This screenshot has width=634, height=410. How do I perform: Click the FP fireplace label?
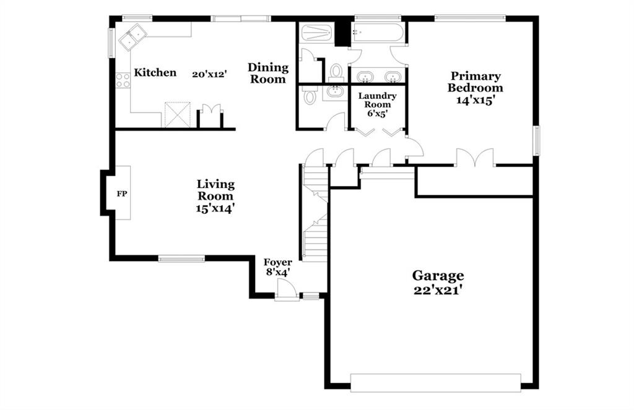122,194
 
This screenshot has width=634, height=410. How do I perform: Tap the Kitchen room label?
155,73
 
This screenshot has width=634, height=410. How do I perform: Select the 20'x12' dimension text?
209,74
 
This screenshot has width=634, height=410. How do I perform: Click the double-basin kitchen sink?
132,36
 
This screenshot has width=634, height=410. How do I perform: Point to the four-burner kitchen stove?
123,80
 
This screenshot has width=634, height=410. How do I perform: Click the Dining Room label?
268,73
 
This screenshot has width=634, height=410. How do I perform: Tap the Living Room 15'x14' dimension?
215,209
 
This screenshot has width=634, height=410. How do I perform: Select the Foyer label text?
277,262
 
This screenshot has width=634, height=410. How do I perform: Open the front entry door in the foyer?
286,291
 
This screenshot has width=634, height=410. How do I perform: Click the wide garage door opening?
435,383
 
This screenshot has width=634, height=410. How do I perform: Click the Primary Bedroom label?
475,82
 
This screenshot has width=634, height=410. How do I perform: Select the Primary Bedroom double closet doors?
475,158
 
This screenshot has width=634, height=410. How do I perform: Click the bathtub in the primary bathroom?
377,32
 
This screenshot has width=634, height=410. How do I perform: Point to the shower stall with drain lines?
316,32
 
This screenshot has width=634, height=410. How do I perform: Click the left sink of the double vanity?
366,76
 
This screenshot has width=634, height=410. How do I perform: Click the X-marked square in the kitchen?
178,115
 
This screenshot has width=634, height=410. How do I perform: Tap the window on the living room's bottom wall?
181,259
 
